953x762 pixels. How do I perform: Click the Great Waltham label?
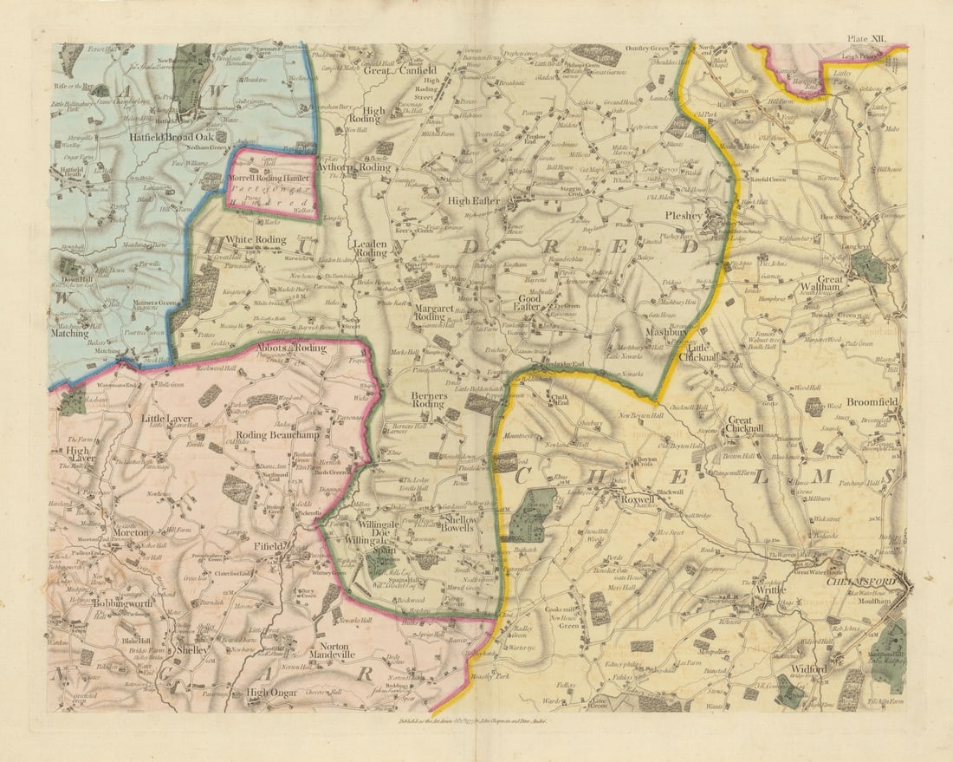click(x=830, y=285)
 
